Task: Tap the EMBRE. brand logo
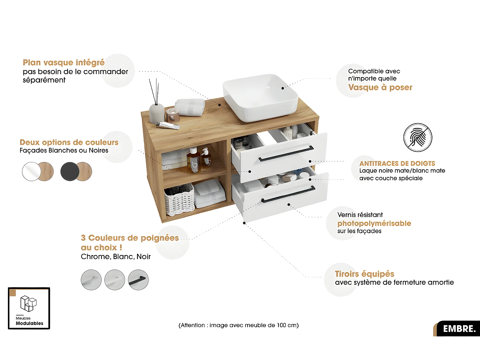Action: [459, 329]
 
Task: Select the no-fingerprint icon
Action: [418, 138]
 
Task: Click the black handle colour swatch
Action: [138, 280]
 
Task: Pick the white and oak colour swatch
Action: [38, 172]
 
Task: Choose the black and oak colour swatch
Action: [76, 172]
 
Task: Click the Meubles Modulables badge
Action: [29, 308]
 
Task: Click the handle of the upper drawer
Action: [286, 154]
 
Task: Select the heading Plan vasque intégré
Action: [64, 62]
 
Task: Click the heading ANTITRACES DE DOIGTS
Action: [397, 163]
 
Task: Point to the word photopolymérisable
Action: [374, 223]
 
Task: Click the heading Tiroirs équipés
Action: [364, 274]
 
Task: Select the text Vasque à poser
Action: [380, 87]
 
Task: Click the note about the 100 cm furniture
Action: [238, 325]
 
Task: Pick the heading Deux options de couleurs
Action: [69, 142]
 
